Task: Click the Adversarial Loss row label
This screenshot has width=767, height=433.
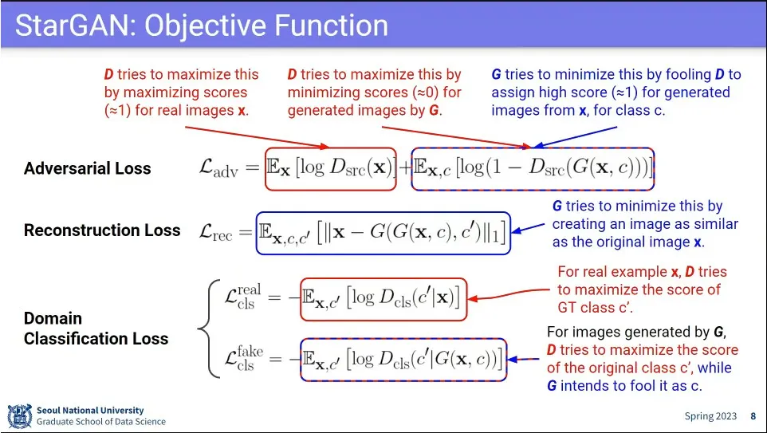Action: (x=87, y=168)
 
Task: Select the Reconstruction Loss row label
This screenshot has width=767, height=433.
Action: (x=102, y=230)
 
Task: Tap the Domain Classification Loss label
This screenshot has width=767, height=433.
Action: (x=96, y=329)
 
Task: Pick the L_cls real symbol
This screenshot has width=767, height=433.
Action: (x=238, y=297)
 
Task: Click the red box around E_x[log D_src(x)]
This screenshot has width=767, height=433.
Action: (x=330, y=168)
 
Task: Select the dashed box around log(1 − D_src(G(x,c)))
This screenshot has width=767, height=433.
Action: (x=533, y=168)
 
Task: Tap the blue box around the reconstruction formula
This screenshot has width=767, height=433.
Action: (x=383, y=232)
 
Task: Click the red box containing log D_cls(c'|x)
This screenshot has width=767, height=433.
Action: (x=383, y=297)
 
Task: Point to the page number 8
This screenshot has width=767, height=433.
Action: (x=753, y=416)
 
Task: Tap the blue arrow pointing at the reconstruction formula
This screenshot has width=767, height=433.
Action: (x=529, y=228)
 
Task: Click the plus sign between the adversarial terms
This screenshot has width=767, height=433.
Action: (x=403, y=168)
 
